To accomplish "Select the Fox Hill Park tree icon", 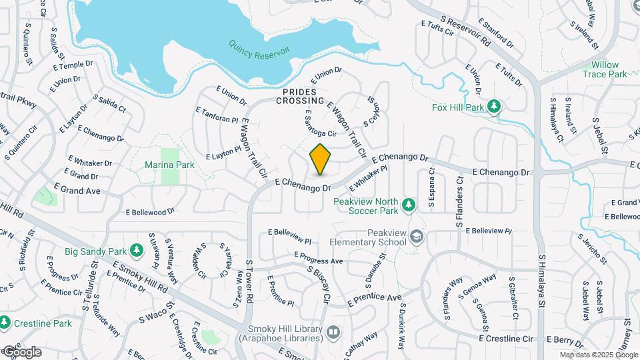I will coord(494,106).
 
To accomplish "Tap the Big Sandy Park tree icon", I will coord(137,250).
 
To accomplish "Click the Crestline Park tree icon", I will coord(5,323).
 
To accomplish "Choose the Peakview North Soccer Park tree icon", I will coord(409,204).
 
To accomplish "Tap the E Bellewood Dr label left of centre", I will coord(150,211).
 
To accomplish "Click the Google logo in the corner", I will coord(21,351).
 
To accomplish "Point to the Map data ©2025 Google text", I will coord(598,355).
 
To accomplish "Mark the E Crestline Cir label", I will coord(507,339).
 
